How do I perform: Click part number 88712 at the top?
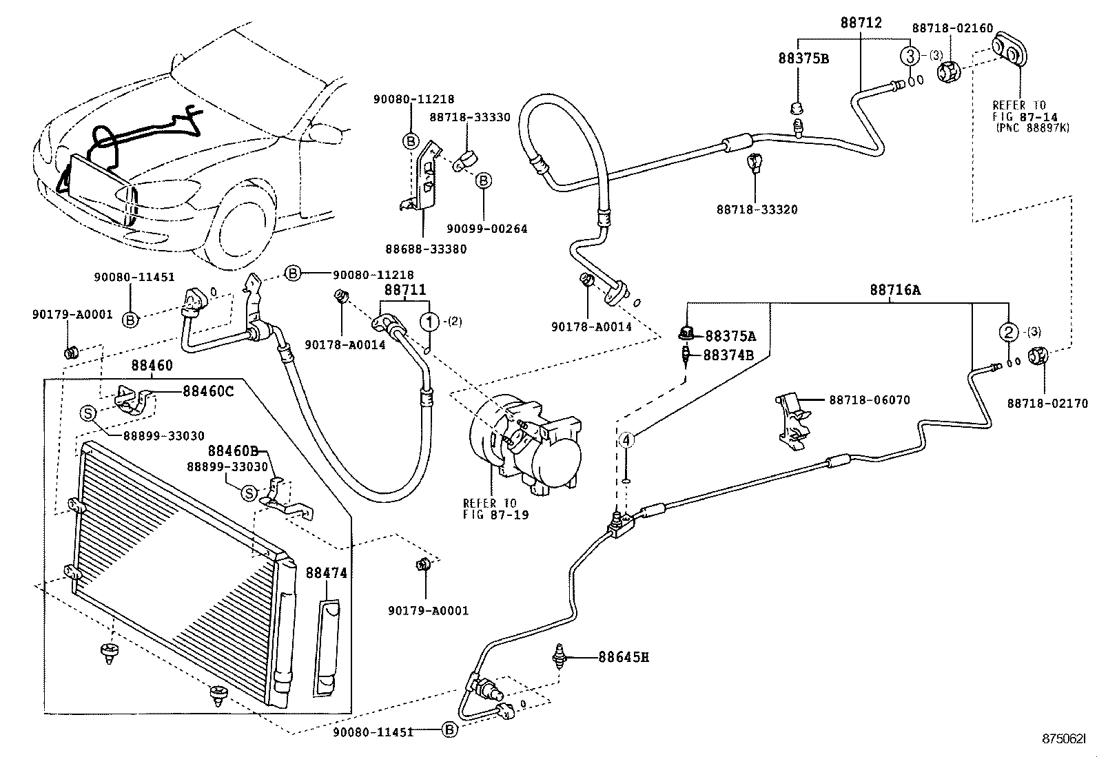coord(861,23)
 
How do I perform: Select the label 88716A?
coord(894,290)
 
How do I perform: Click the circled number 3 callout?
coord(910,56)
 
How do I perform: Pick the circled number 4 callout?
coord(626,439)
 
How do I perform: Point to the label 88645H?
coord(623,657)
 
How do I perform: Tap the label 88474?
coord(327,573)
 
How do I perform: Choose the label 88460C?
coord(208,391)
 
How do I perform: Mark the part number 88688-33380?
coord(425,249)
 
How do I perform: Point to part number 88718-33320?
coord(757,209)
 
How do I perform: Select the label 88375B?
coord(803,59)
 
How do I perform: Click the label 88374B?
coord(728,355)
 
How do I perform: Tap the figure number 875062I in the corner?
coord(1065,738)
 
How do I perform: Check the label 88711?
coord(405,290)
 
